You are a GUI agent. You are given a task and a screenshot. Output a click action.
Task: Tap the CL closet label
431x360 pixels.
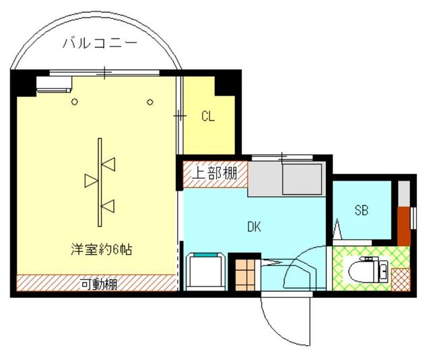coord(207,116)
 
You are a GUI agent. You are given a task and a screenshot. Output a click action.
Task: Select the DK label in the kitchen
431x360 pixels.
coord(254,227)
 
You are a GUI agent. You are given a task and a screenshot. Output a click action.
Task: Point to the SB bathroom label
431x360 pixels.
coord(362,210)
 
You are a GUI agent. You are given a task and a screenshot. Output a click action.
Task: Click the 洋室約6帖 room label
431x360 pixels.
coord(101,249)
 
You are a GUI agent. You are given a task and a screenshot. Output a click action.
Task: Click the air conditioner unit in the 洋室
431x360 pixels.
coord(55,84)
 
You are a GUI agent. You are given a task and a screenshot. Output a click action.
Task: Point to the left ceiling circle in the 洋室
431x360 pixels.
coord(75,102)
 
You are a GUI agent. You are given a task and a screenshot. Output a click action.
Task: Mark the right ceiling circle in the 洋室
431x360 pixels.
coord(151,102)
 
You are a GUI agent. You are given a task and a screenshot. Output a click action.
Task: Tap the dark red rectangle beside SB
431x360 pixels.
coord(403,226)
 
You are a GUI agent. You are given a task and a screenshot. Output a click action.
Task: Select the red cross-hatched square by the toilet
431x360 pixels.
coord(401,277)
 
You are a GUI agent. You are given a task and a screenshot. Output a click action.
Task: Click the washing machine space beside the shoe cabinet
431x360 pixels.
coord(207,270)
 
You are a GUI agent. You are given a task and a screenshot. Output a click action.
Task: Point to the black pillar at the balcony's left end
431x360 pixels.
coord(23,81)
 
